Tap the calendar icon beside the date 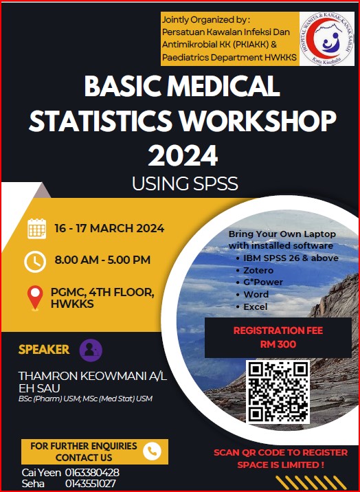pyautogui.click(x=36, y=229)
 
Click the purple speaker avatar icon pyautogui.click(x=91, y=349)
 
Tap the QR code pyautogui.click(x=278, y=392)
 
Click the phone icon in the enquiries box pyautogui.click(x=152, y=451)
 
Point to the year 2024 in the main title pyautogui.click(x=182, y=156)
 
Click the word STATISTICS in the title pyautogui.click(x=102, y=122)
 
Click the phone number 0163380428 pyautogui.click(x=92, y=473)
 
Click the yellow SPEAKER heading pyautogui.click(x=44, y=349)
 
